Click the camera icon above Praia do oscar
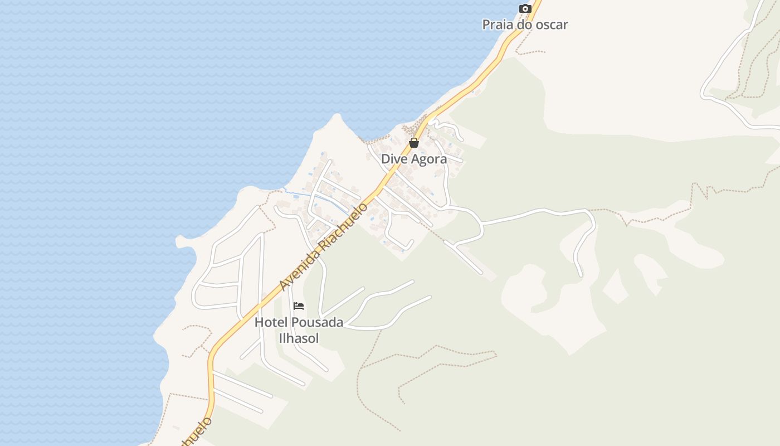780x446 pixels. [525, 8]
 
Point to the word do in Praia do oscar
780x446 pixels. [525, 25]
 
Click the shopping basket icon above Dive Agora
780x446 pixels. [414, 143]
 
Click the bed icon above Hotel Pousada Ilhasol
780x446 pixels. [299, 306]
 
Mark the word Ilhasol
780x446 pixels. [299, 338]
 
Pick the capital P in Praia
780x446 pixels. [486, 25]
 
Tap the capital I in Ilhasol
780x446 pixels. [281, 338]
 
